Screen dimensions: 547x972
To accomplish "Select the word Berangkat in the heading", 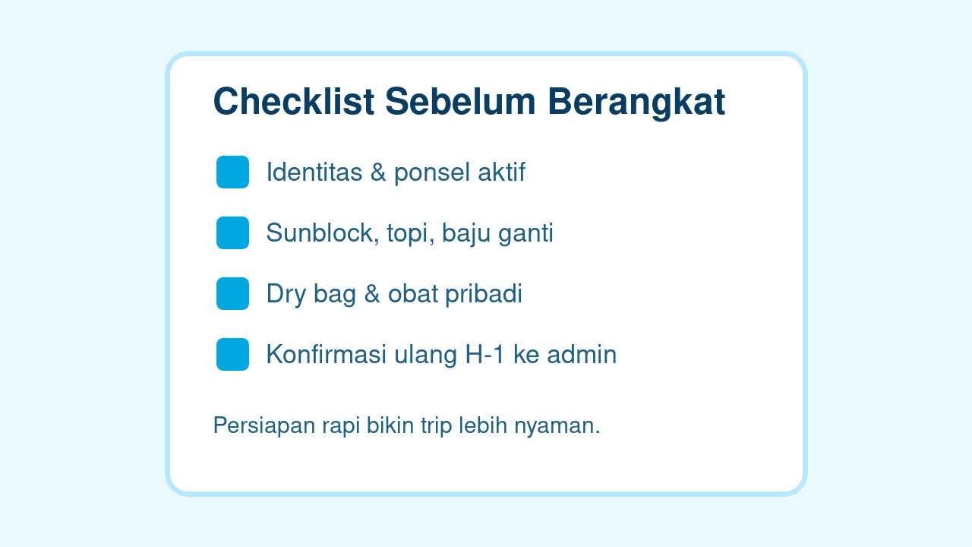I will (636, 102).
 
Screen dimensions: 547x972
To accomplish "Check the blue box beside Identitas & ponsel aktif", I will (232, 172).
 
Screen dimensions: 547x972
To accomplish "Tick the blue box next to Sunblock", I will (232, 233).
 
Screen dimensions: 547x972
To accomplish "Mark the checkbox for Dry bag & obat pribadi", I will (232, 294).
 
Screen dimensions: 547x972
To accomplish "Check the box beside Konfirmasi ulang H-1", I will (232, 355).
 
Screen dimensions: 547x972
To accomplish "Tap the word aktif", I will (501, 172).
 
